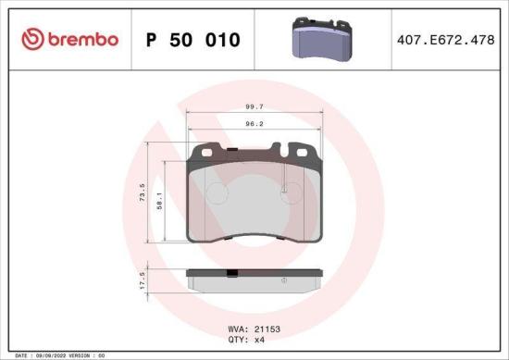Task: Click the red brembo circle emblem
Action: [31, 39]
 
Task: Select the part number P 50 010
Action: [193, 40]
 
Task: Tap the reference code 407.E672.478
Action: [446, 39]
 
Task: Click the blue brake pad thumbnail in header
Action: [319, 39]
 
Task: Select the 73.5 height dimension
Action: [143, 194]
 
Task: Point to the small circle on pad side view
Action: [284, 280]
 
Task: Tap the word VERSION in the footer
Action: [81, 355]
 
